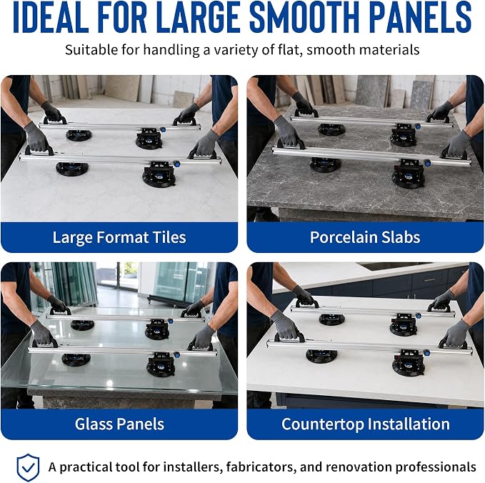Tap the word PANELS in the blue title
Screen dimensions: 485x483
420,17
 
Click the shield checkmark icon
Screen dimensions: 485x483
28,467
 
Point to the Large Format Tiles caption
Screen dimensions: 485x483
119,238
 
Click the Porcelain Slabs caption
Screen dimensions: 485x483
365,237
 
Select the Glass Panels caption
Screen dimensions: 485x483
119,424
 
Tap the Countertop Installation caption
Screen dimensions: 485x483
366,424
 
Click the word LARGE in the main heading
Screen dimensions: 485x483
199,17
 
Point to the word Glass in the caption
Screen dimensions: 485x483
93,424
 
